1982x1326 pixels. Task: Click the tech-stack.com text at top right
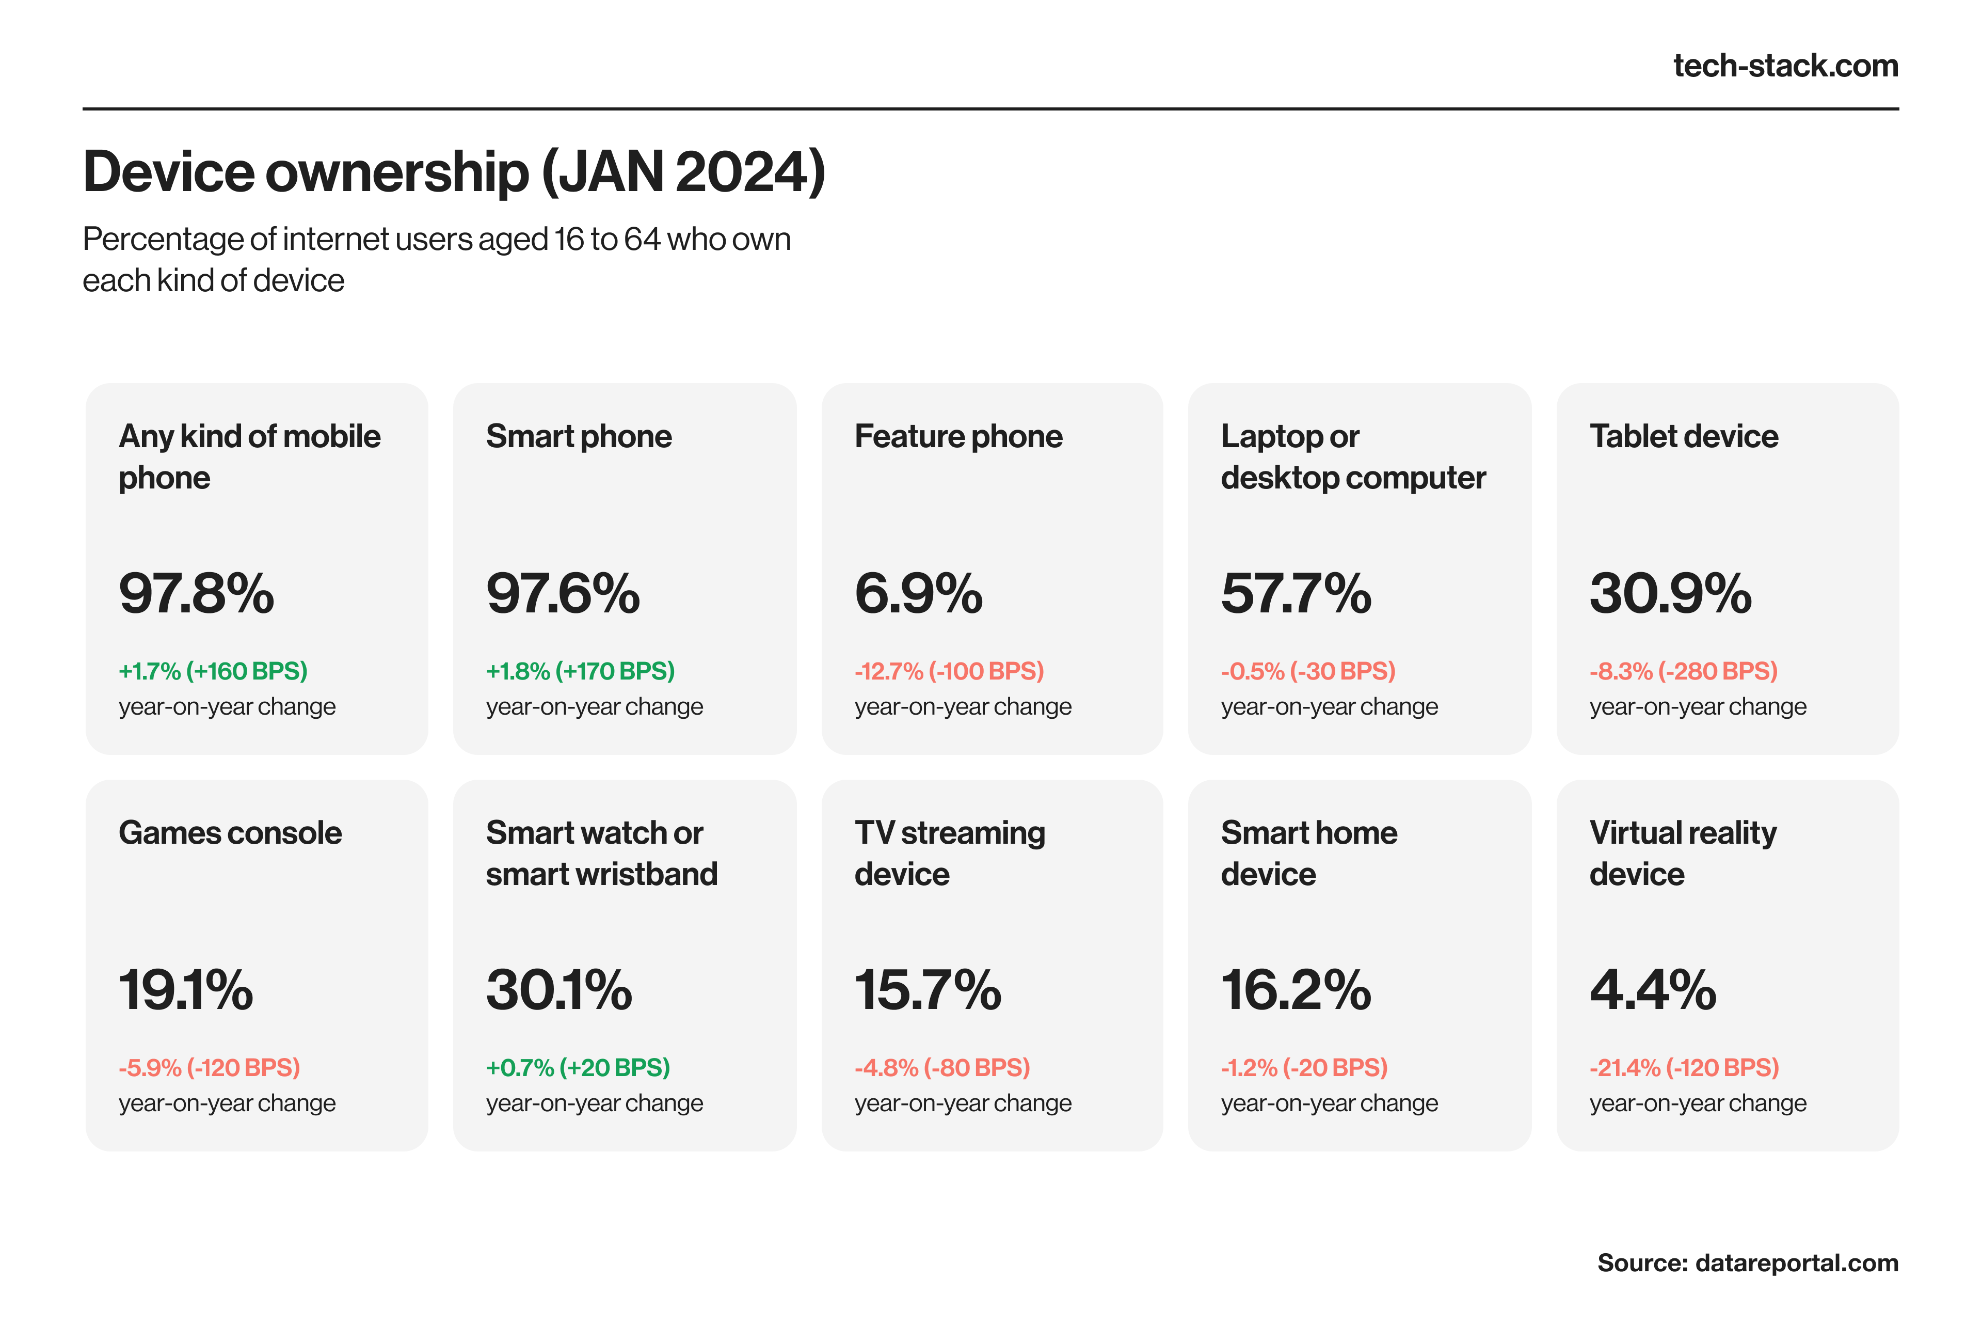(1784, 66)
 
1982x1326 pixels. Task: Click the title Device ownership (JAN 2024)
(454, 171)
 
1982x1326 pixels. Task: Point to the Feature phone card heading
(957, 436)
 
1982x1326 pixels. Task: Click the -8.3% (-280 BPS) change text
(1683, 671)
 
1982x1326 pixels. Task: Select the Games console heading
(230, 833)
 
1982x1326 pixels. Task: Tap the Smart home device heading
(1308, 853)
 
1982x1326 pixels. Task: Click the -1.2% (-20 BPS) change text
(1303, 1067)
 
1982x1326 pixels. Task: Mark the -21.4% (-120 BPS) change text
(1684, 1067)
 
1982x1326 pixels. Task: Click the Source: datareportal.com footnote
(1747, 1262)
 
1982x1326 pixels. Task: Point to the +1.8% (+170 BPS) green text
(580, 671)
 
